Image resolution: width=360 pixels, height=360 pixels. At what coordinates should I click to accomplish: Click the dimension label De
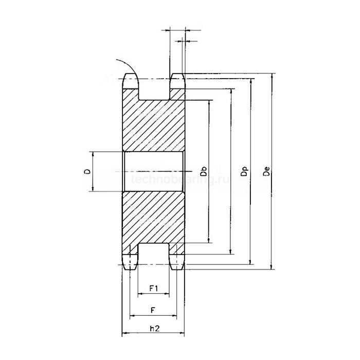266,171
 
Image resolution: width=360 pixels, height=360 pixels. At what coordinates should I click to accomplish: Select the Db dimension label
204,172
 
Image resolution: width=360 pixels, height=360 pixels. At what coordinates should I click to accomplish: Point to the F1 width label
153,287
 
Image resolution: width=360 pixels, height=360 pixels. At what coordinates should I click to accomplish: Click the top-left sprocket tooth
130,81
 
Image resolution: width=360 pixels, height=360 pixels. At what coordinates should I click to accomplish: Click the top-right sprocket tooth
177,81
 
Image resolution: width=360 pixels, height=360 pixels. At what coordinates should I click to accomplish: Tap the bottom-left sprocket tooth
130,261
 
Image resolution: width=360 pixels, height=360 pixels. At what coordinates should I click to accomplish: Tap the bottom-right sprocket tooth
177,261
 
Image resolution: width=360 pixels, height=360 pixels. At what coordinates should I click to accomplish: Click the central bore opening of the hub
153,172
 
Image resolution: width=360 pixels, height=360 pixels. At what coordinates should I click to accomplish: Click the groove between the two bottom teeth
154,255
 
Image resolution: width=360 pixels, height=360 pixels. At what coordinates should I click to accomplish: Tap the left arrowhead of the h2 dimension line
124,334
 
